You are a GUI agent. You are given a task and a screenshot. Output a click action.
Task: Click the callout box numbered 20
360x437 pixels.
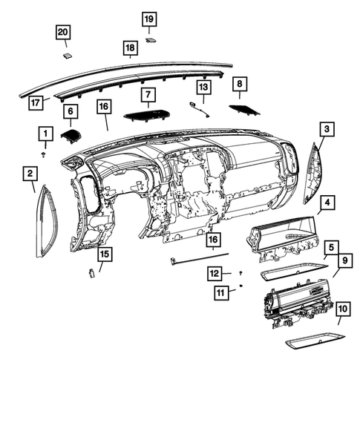(x=63, y=32)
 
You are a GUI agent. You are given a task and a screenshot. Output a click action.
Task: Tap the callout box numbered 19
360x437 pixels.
(x=149, y=18)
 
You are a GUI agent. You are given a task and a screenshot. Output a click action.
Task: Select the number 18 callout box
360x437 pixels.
(x=129, y=49)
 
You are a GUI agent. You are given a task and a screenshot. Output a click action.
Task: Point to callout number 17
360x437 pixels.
(x=35, y=102)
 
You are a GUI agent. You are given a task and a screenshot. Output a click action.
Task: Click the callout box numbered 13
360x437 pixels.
(x=202, y=88)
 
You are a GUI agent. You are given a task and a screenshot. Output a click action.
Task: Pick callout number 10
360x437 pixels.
(x=342, y=309)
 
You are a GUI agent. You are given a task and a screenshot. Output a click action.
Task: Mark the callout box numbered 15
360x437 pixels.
(x=105, y=254)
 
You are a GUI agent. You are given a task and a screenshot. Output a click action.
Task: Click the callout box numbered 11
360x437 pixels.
(x=221, y=294)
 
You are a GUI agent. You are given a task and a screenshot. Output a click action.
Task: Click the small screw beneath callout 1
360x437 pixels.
(x=45, y=154)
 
